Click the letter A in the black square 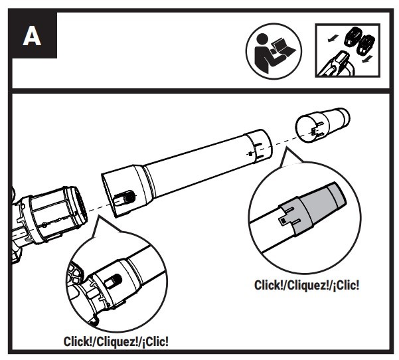pos(32,36)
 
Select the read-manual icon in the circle pos(274,51)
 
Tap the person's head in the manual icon pos(262,39)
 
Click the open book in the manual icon pos(283,48)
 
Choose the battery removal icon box pos(348,50)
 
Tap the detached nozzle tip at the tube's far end pos(323,125)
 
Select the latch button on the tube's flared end pos(124,199)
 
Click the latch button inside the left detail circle pos(112,282)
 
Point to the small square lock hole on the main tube pos(250,153)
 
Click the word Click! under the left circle pos(78,341)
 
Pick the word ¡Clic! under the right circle pos(346,285)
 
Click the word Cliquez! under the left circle pos(117,341)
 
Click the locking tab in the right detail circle pos(283,221)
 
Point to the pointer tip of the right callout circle pos(286,147)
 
